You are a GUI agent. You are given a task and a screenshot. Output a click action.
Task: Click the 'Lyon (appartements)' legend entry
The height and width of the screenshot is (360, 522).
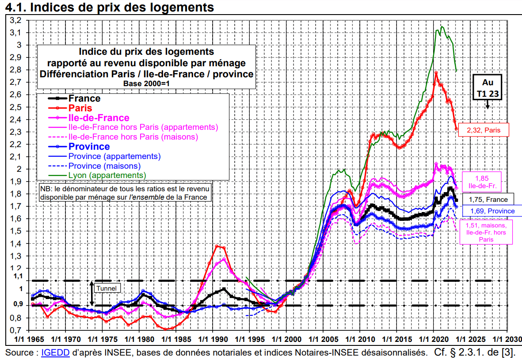pos(107,175)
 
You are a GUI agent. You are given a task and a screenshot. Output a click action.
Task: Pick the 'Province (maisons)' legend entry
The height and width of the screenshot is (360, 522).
pos(104,166)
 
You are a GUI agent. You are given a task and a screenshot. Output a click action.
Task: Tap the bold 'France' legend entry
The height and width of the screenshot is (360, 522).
pos(84,99)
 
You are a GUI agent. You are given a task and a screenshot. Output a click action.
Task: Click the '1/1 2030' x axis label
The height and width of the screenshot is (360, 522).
pos(507,339)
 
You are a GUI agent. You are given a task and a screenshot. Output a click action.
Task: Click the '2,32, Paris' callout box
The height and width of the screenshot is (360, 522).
pos(484,129)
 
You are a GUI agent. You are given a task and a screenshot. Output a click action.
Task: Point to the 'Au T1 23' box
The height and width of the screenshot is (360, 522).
pos(488,88)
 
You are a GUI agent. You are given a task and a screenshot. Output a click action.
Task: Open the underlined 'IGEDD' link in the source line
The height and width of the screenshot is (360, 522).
pos(55,352)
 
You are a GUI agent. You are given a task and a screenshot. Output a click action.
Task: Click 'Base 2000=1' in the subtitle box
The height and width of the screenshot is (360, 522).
pos(146,83)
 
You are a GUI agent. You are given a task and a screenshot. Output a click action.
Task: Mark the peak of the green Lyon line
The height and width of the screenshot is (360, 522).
pos(442,27)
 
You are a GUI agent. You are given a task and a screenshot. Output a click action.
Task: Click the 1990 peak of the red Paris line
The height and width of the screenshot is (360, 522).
pos(217,246)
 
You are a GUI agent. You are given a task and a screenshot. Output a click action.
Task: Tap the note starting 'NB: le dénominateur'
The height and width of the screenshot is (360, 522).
pos(126,193)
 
